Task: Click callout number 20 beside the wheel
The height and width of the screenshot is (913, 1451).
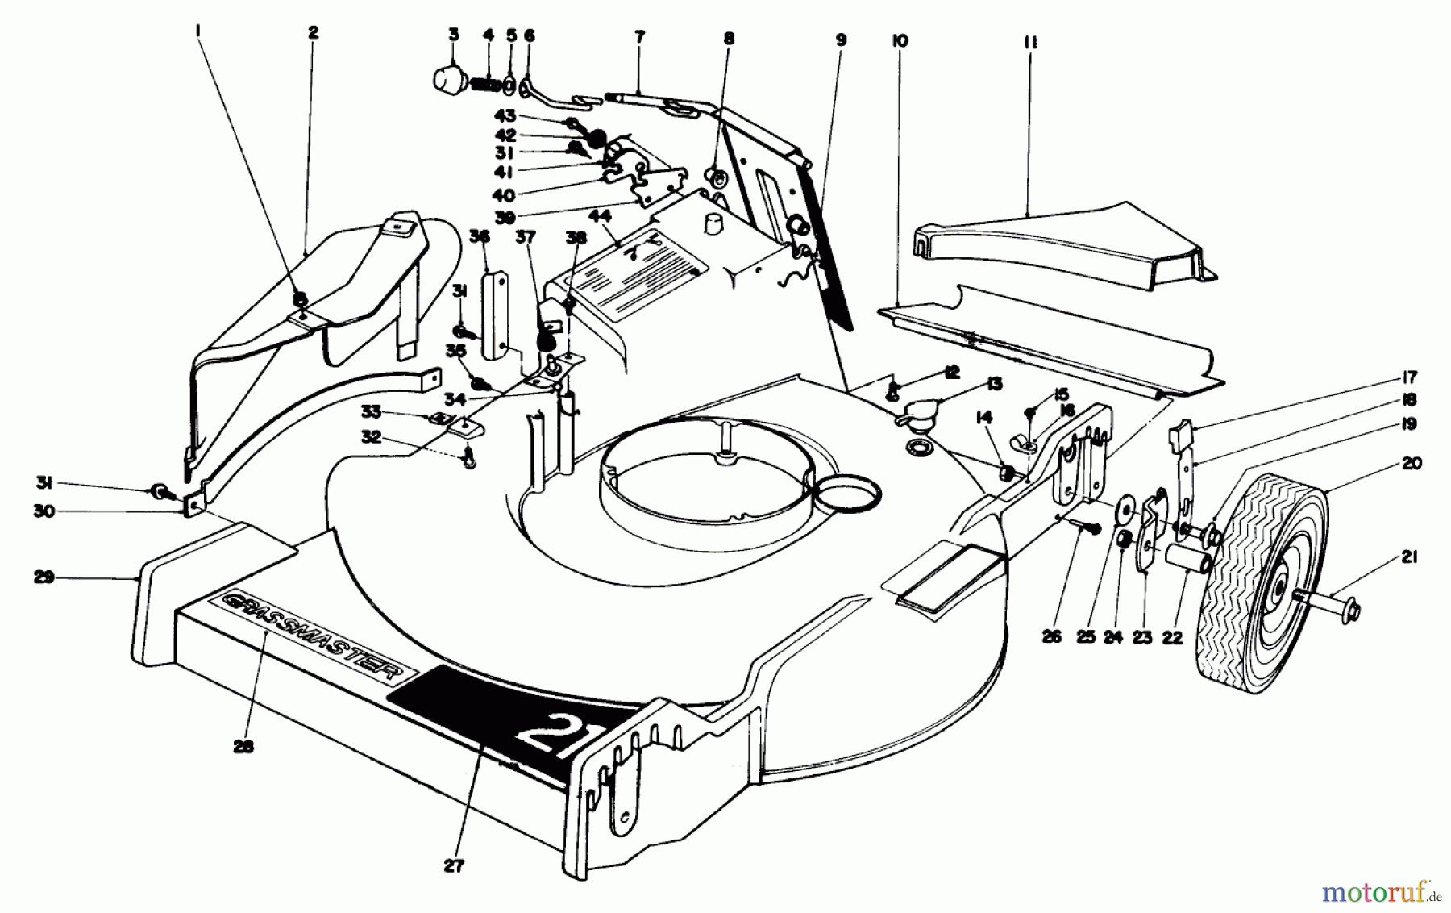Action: coord(1412,463)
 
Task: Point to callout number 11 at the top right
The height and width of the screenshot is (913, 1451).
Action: coord(1029,42)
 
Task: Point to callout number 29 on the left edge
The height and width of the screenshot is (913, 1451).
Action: coord(44,577)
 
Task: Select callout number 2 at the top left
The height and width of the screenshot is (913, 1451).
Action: coord(313,32)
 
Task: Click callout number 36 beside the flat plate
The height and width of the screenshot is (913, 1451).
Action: coord(480,236)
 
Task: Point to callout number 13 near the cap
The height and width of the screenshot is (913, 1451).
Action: coord(994,384)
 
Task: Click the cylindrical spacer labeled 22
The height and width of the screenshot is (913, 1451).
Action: coord(1186,557)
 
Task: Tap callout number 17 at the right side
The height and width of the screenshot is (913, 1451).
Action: coord(1410,377)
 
